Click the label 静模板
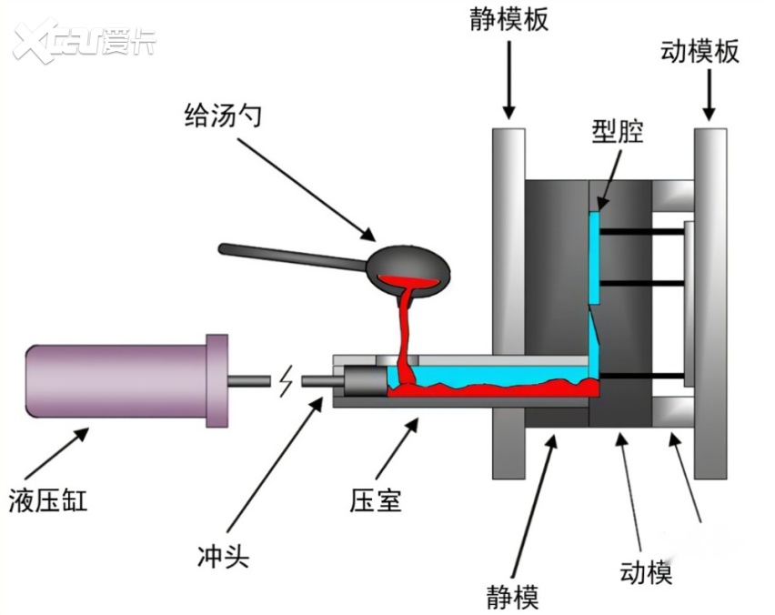(x=509, y=20)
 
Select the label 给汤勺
(x=221, y=116)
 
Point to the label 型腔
(x=617, y=132)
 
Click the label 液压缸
(x=48, y=499)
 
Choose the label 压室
(x=375, y=499)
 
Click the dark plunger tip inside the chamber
(x=360, y=379)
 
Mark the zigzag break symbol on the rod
(x=287, y=381)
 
